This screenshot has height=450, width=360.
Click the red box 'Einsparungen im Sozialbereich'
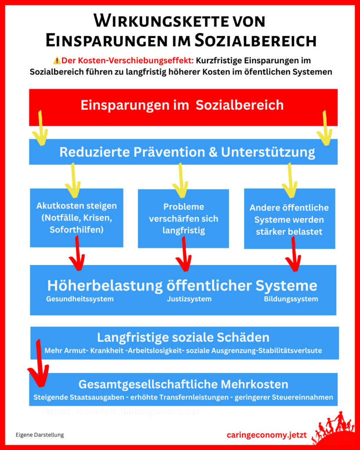[x=182, y=106]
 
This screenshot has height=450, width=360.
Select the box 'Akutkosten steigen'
[x=76, y=218]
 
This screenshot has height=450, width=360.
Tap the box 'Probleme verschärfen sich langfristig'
[x=183, y=218]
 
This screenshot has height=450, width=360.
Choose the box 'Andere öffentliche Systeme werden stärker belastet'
[x=289, y=219]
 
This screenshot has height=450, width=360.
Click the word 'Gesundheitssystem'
[x=80, y=299]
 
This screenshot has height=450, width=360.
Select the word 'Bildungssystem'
[x=291, y=299]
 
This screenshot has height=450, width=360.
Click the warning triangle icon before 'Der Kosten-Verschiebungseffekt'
[x=56, y=61]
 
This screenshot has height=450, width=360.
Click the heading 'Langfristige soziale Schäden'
[x=183, y=337]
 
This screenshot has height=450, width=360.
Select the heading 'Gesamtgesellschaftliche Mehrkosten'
[x=183, y=385]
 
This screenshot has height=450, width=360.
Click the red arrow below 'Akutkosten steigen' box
[x=77, y=255]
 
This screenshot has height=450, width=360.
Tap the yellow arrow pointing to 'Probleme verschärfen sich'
[x=180, y=180]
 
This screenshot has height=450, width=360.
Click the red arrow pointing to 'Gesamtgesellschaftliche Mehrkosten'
[x=39, y=365]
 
